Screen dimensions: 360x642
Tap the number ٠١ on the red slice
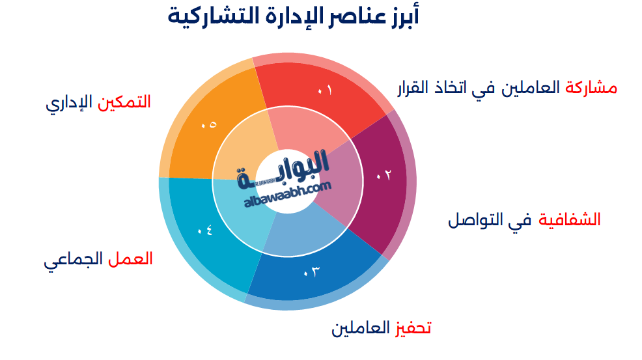click(x=324, y=91)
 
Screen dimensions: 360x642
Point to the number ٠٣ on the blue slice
click(x=312, y=271)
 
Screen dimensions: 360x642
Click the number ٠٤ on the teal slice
click(x=205, y=230)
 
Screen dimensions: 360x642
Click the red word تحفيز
click(x=414, y=327)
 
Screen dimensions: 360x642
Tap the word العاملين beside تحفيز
click(x=361, y=327)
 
